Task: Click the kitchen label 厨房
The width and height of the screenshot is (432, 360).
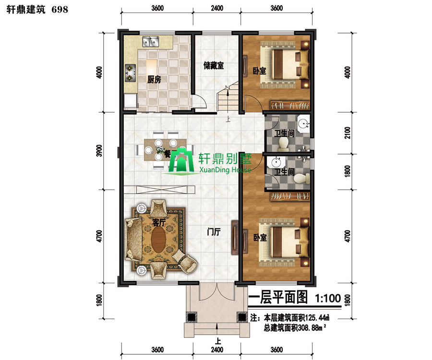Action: (154, 80)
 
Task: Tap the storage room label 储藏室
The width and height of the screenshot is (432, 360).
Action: (214, 66)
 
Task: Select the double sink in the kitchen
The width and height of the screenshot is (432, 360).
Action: (150, 42)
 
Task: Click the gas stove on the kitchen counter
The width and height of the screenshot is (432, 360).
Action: (130, 73)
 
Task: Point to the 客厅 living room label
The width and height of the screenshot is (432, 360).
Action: (159, 222)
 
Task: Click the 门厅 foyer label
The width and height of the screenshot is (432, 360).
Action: (214, 232)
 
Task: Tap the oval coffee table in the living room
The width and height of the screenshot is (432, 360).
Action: (159, 240)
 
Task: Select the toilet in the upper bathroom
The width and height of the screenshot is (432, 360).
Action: (283, 144)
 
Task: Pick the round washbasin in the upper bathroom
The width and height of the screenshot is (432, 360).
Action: (304, 124)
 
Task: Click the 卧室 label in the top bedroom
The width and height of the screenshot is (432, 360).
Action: (260, 71)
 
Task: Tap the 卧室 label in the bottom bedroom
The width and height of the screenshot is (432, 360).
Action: (260, 238)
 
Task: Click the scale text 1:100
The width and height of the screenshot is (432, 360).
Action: (328, 298)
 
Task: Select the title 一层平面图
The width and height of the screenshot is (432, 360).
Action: (278, 298)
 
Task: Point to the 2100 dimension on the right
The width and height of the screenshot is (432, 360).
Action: (348, 133)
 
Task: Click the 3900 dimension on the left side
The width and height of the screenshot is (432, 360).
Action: (99, 151)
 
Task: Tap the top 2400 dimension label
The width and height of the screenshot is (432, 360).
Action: (217, 8)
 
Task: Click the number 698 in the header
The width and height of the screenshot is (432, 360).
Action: (60, 10)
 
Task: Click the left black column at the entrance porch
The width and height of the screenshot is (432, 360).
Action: (191, 317)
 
